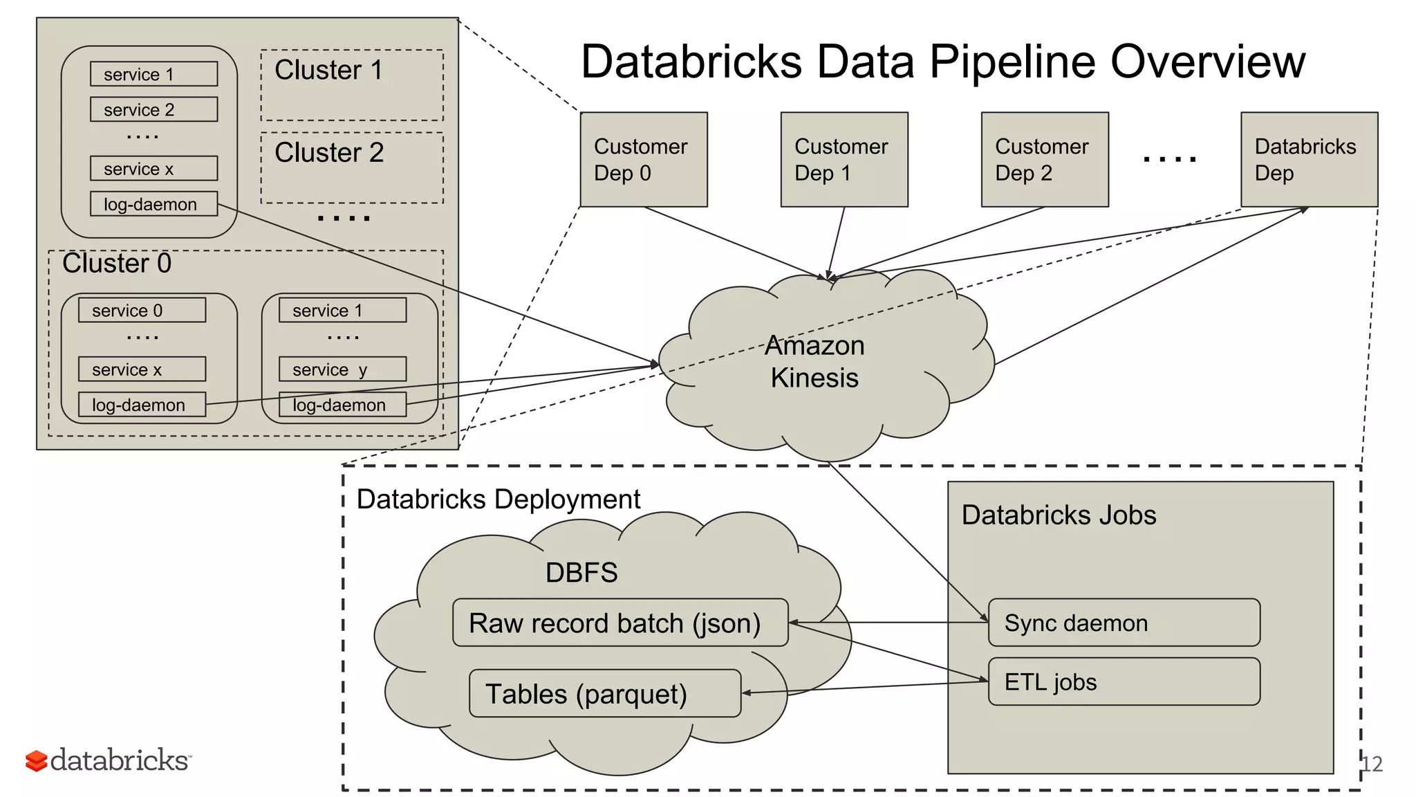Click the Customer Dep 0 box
pyautogui.click(x=643, y=160)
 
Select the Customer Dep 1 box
pyautogui.click(x=844, y=160)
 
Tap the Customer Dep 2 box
pyautogui.click(x=1044, y=160)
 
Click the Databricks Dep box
pyautogui.click(x=1309, y=160)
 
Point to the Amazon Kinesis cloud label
pyautogui.click(x=814, y=362)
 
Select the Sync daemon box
pyautogui.click(x=1124, y=623)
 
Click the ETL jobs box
pyautogui.click(x=1124, y=681)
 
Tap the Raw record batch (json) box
pyautogui.click(x=619, y=623)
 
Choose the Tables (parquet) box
pyautogui.click(x=604, y=693)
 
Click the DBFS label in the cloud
pyautogui.click(x=581, y=573)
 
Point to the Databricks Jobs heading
pyautogui.click(x=1058, y=515)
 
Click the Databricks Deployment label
pyautogui.click(x=498, y=500)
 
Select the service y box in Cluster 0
pyautogui.click(x=342, y=369)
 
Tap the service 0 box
pyautogui.click(x=142, y=310)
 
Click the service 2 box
pyautogui.click(x=153, y=109)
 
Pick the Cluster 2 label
pyautogui.click(x=329, y=153)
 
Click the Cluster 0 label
pyautogui.click(x=116, y=264)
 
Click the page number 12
pyautogui.click(x=1372, y=764)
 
